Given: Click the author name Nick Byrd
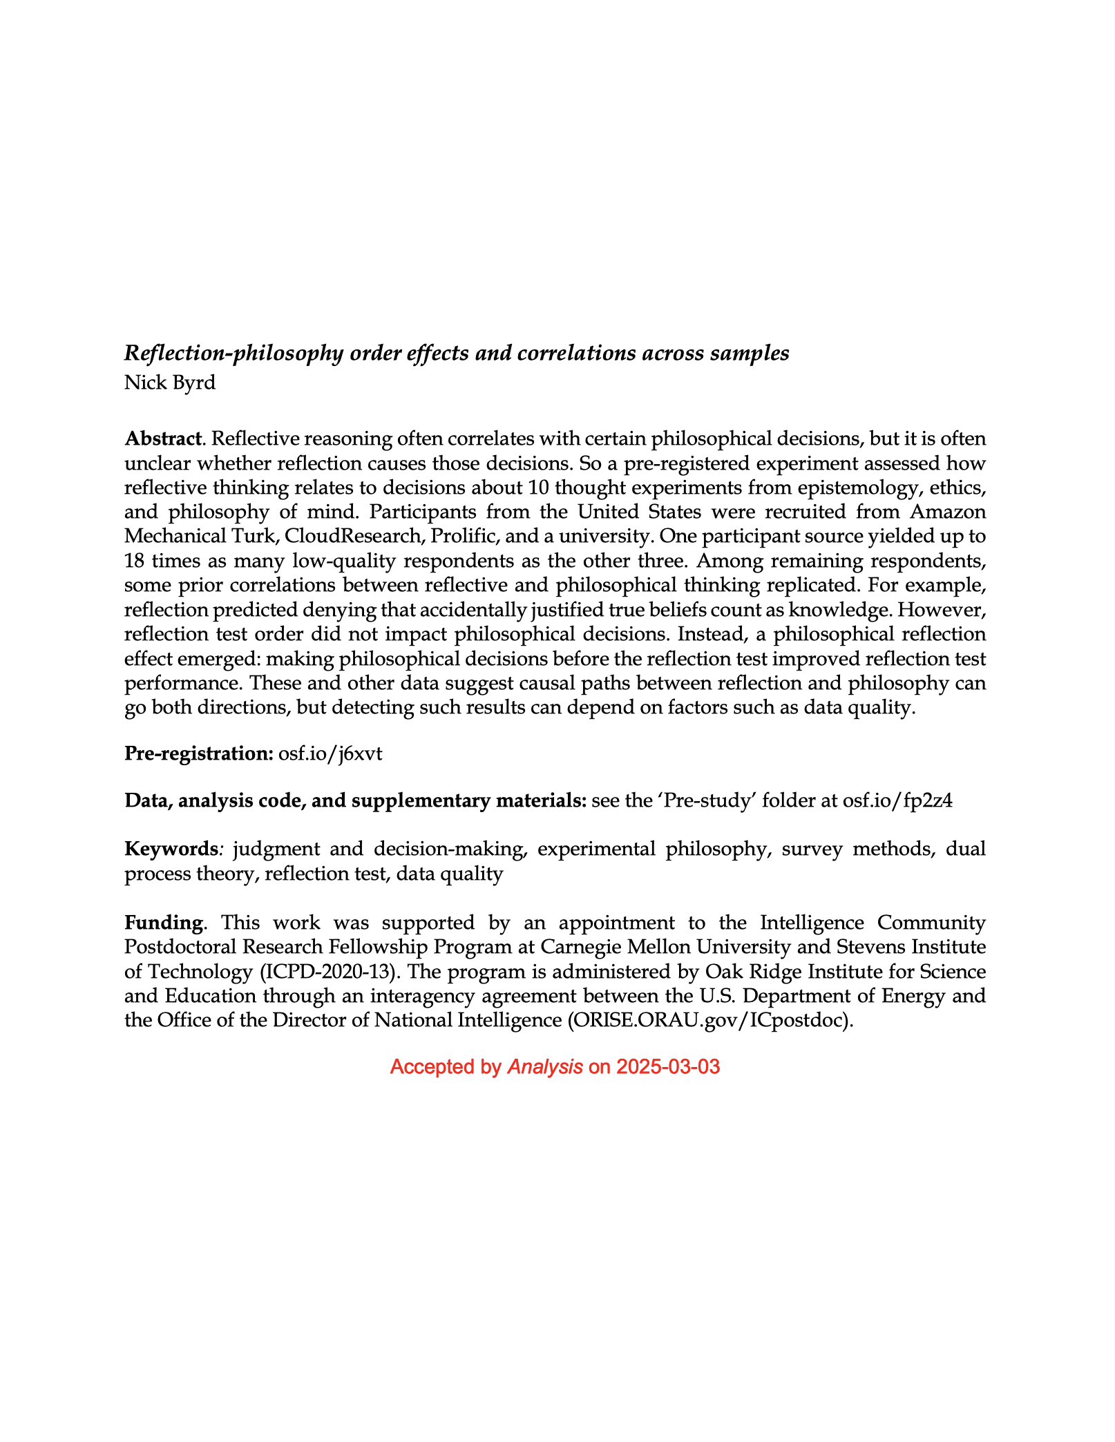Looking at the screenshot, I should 169,382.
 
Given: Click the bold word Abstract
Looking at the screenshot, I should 163,439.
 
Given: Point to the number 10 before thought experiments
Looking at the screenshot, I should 538,488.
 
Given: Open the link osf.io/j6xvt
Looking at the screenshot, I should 330,753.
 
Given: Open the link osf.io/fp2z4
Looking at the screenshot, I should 897,800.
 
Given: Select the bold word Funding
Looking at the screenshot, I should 164,923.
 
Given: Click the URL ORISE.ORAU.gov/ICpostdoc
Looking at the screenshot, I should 707,1020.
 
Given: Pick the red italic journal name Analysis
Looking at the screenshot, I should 545,1067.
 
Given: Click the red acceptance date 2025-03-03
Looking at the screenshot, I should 668,1067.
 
